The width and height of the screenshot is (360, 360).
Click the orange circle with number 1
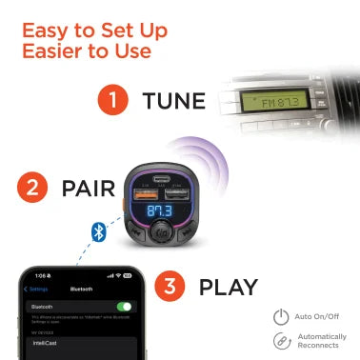point(114,99)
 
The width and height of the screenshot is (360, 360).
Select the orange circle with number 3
point(171,286)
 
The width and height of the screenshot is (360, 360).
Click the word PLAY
point(230,286)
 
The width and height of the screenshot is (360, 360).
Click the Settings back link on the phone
point(38,289)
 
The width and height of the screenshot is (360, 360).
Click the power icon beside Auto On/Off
point(281,317)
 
